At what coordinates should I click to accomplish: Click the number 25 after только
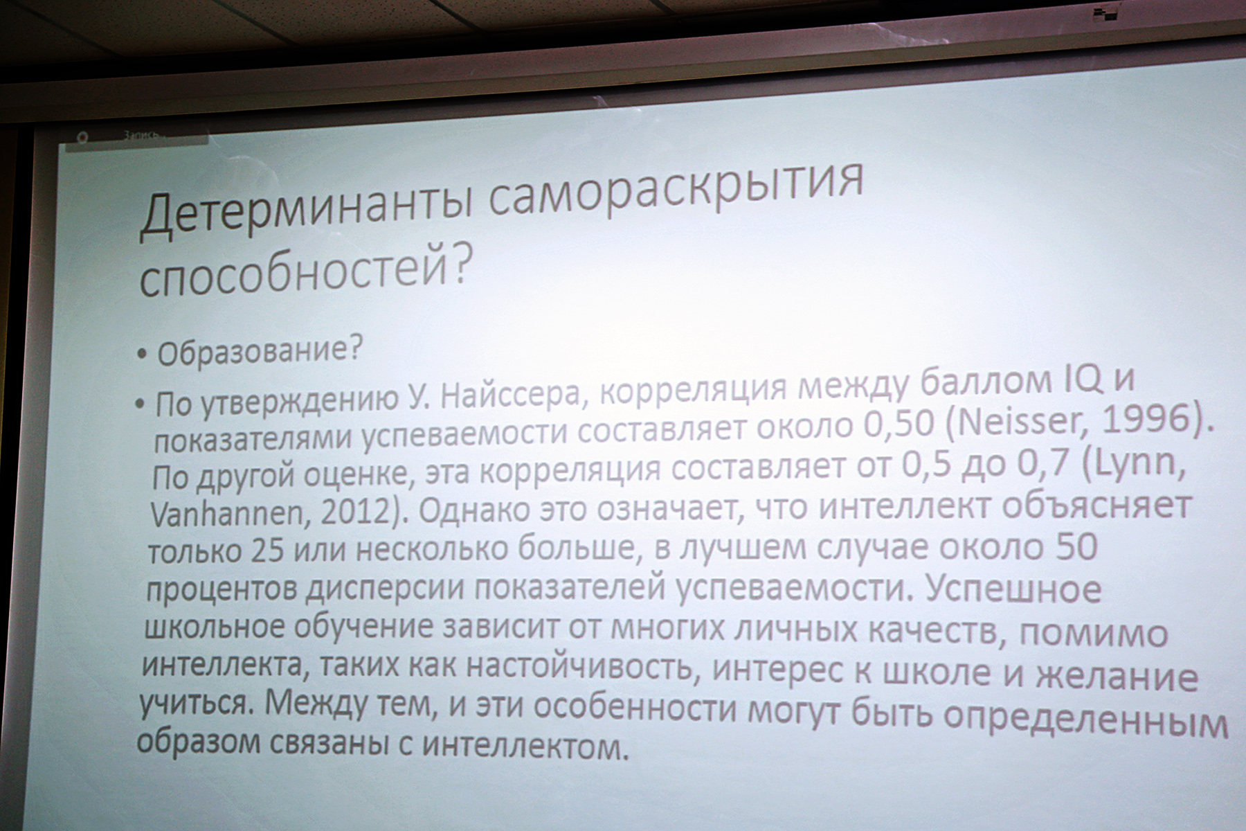point(268,551)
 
